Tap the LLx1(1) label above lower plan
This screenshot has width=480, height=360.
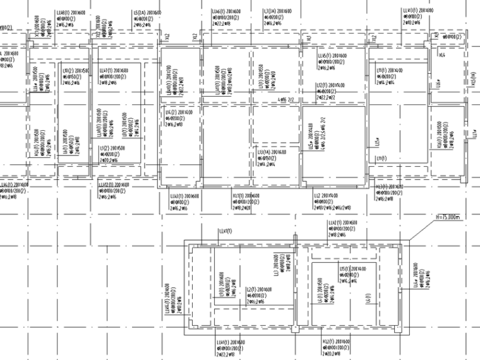(x=225, y=231)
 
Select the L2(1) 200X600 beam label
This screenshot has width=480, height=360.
(x=258, y=289)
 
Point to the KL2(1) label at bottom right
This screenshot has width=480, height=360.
(x=334, y=340)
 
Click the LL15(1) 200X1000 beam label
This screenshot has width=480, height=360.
(x=331, y=56)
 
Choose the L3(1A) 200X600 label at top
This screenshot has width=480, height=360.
(x=278, y=11)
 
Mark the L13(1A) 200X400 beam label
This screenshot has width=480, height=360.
(x=272, y=152)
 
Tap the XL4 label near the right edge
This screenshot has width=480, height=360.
(x=442, y=56)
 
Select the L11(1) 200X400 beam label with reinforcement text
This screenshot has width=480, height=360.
(x=389, y=69)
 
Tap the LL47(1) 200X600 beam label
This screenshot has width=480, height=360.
(x=114, y=70)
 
